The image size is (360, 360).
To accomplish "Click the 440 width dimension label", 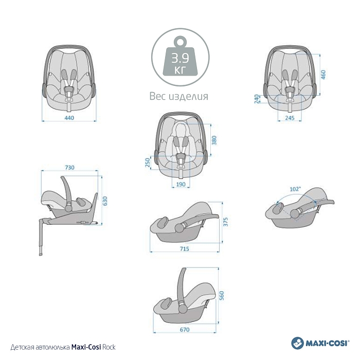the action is (69, 118).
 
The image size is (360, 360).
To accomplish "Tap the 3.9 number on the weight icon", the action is (180, 58).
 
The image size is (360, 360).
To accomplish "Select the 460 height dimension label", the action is (323, 75).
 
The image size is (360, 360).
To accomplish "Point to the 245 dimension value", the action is (290, 118).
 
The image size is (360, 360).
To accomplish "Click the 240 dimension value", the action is (257, 99).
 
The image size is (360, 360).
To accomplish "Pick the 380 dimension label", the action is (214, 140).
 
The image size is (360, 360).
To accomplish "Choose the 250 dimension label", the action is (148, 163).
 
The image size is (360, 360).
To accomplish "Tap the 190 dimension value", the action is (181, 184).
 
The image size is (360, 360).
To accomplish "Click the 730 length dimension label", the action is (69, 167).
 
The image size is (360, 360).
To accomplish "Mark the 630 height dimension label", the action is (105, 201).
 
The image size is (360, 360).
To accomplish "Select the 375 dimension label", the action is (225, 222).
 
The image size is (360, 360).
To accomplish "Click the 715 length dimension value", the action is (184, 248).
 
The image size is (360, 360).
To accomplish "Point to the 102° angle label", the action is (295, 189).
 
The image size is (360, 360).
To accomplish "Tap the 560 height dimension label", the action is (221, 296).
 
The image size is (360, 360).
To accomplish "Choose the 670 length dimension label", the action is (185, 330).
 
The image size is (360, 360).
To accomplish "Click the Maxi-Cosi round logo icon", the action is (298, 343).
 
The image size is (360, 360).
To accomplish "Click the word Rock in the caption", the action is (109, 347).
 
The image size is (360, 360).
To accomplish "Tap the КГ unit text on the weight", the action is (180, 70).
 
